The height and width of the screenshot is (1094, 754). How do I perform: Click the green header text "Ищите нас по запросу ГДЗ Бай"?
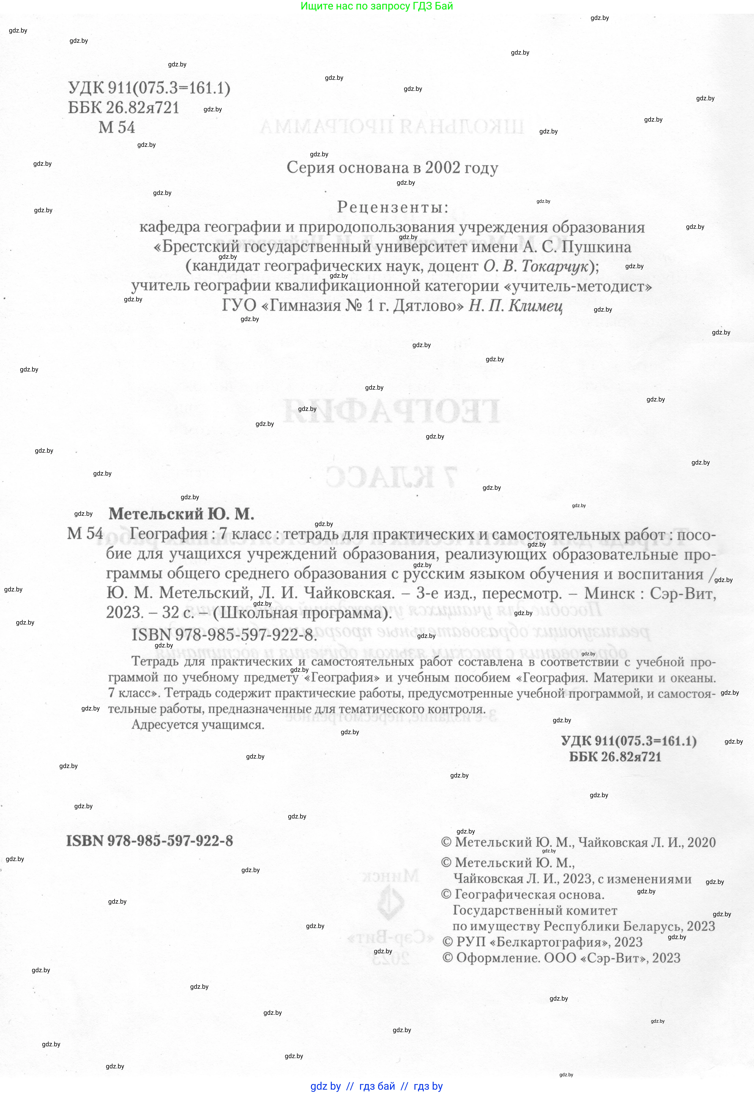377,6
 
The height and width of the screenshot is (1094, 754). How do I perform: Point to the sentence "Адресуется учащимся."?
198,725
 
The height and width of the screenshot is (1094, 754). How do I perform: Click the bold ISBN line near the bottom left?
149,841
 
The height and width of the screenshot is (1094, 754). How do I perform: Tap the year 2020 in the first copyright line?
702,842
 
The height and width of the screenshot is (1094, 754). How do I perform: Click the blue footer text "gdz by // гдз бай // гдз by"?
377,1086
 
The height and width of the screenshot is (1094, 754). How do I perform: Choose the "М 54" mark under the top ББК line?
117,128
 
